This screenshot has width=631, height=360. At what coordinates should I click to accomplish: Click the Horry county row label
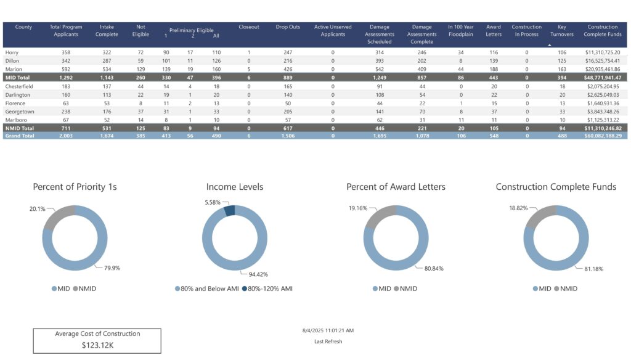(11, 52)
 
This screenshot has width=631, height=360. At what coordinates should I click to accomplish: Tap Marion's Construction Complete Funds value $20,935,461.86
(603, 70)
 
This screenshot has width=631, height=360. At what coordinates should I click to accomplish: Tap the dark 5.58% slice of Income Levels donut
(230, 211)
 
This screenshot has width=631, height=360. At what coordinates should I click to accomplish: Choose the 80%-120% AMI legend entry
(269, 288)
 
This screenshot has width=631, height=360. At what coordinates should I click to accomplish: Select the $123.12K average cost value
(97, 345)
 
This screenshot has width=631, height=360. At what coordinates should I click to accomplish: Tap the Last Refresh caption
(328, 342)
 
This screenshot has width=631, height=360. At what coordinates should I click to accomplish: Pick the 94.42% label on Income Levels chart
(258, 274)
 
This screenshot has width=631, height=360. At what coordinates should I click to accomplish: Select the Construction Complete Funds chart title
(556, 187)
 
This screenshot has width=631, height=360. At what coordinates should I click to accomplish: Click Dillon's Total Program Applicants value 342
(62, 61)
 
